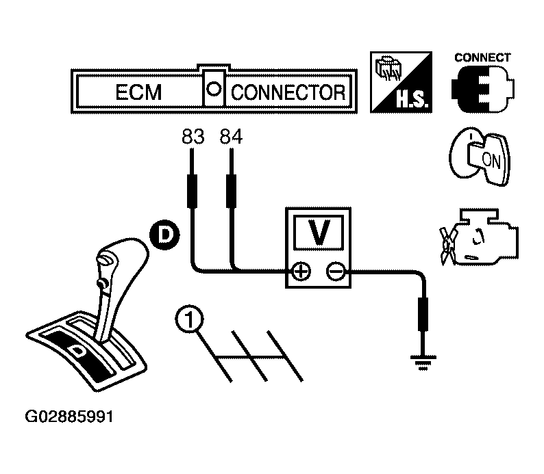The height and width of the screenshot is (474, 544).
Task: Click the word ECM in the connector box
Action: tap(139, 92)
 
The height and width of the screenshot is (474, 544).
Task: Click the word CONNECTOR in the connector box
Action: tap(288, 92)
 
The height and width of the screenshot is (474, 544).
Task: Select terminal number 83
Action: tap(193, 137)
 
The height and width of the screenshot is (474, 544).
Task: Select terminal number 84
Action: tap(231, 137)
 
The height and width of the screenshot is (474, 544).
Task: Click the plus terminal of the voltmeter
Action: tap(300, 272)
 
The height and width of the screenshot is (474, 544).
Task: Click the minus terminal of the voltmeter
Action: tap(336, 272)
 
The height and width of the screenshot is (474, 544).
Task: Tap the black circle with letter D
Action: tap(164, 235)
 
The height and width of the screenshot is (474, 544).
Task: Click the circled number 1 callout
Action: tap(190, 319)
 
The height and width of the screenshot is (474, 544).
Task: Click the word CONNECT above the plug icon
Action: tap(482, 58)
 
